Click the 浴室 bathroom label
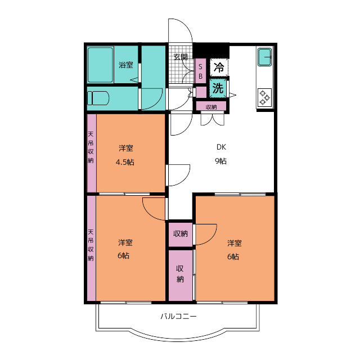[126, 65]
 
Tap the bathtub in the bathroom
[101, 65]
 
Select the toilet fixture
[98, 98]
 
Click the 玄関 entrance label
[181, 57]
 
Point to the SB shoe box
[200, 71]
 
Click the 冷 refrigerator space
[219, 67]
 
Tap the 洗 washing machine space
[218, 88]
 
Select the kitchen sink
[265, 57]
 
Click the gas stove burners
[264, 97]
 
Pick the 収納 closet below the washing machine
[211, 107]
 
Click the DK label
[221, 147]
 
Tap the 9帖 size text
[221, 161]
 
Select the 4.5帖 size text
[125, 163]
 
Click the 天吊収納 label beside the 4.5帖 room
[91, 147]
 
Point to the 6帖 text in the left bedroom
[124, 255]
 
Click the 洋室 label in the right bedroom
[235, 243]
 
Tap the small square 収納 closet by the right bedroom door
[181, 234]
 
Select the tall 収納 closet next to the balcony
[181, 275]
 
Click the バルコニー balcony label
[179, 317]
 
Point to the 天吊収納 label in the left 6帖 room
[91, 245]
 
